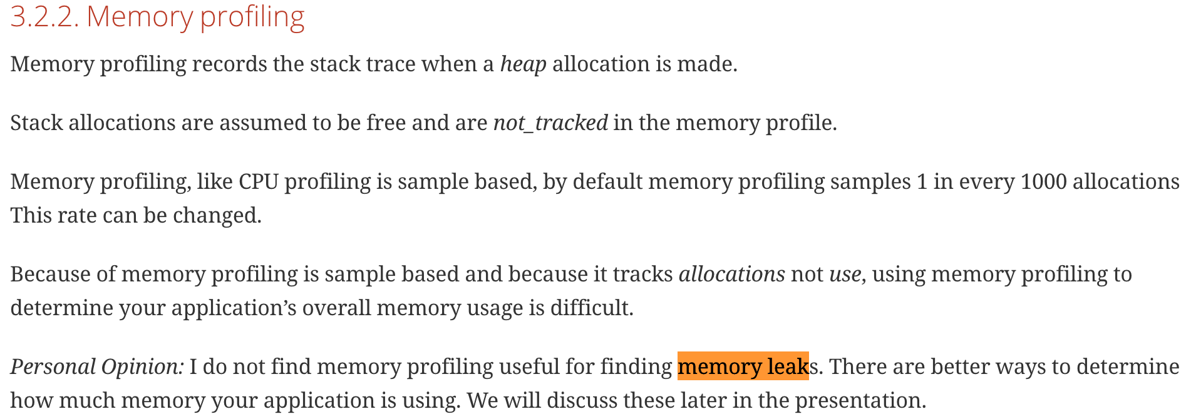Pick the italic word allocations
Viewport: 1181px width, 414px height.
pyautogui.click(x=731, y=275)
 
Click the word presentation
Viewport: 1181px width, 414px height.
pyautogui.click(x=860, y=401)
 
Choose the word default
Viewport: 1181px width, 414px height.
pyautogui.click(x=607, y=182)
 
